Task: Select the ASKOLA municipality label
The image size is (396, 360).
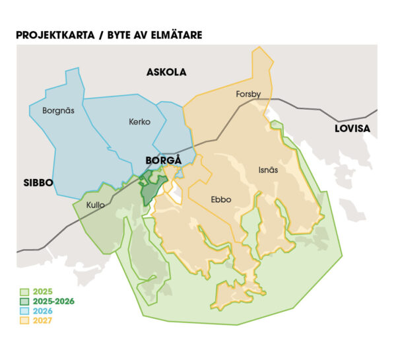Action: [x=166, y=72]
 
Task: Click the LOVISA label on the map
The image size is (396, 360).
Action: [x=352, y=128]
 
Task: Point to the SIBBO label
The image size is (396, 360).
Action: [x=38, y=182]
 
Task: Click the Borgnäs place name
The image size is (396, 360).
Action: [x=58, y=110]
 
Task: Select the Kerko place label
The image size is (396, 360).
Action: [x=139, y=122]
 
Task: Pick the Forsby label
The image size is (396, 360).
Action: [x=249, y=94]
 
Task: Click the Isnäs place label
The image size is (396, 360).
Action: [x=267, y=170]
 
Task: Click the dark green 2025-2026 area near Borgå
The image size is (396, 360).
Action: [x=150, y=190]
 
